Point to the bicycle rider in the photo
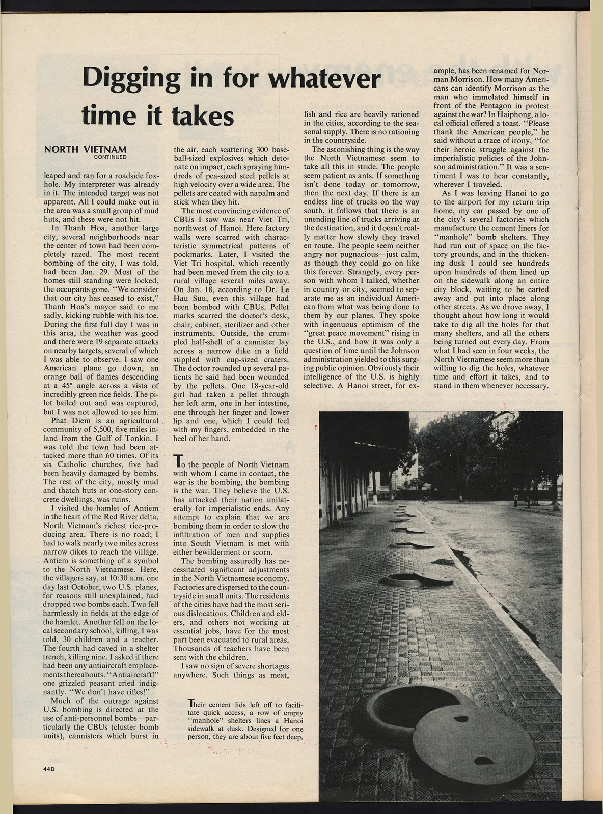pyautogui.click(x=425, y=500)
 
